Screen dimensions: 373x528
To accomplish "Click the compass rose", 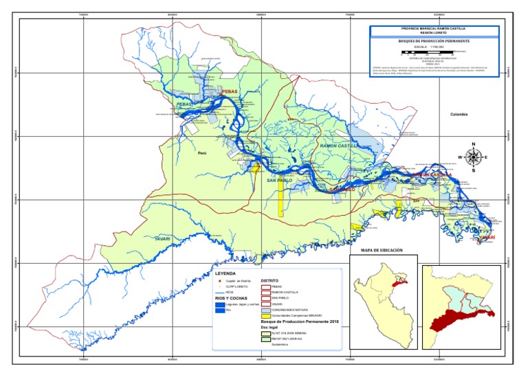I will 473,157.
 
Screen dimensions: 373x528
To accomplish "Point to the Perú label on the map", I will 202,154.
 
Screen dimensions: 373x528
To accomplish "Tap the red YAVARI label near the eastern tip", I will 487,238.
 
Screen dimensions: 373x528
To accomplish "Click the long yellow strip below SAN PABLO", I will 280,202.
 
